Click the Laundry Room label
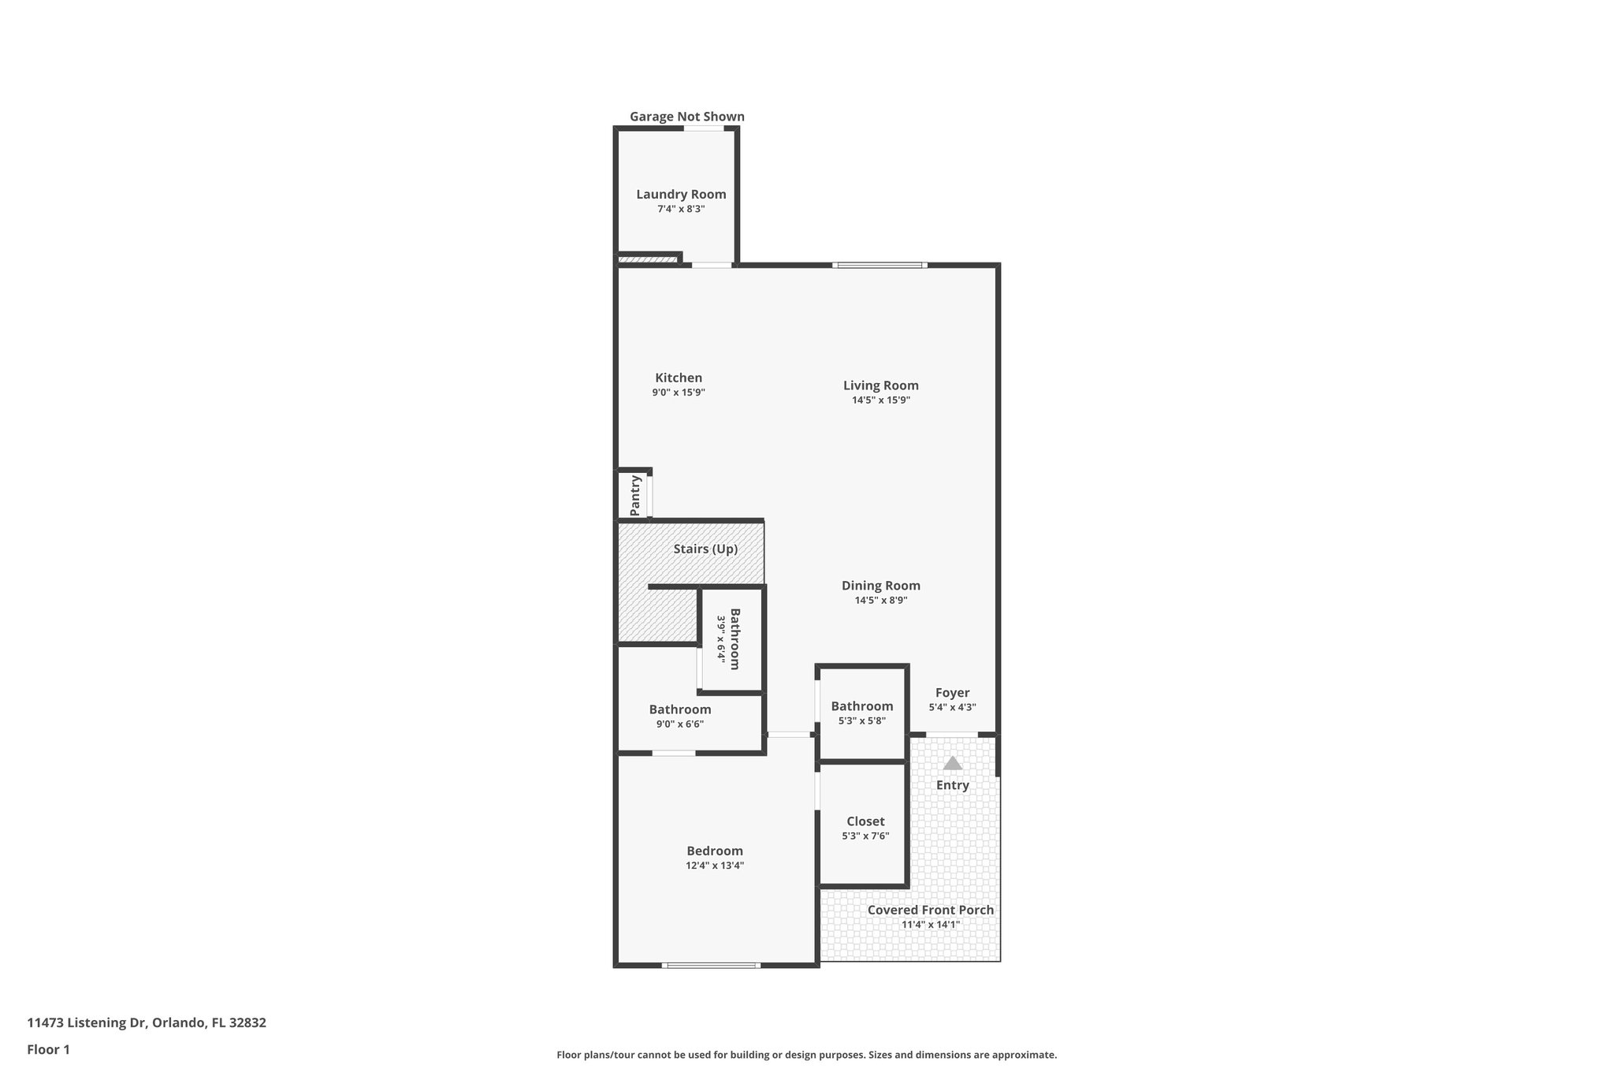pyautogui.click(x=681, y=194)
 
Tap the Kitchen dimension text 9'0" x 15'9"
pyautogui.click(x=678, y=393)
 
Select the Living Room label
pyautogui.click(x=880, y=385)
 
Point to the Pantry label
pyautogui.click(x=636, y=495)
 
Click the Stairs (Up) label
pyautogui.click(x=705, y=549)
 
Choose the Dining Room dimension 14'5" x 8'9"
pyautogui.click(x=880, y=601)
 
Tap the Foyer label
pyautogui.click(x=952, y=693)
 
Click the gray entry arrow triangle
pyautogui.click(x=953, y=763)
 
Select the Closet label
pyautogui.click(x=865, y=821)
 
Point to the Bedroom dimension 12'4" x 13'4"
pyautogui.click(x=714, y=866)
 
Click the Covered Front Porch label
pyautogui.click(x=930, y=910)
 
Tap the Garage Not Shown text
pyautogui.click(x=686, y=117)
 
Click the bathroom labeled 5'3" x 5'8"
pyautogui.click(x=861, y=706)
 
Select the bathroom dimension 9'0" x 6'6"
pyautogui.click(x=679, y=724)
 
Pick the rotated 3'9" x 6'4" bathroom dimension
pyautogui.click(x=720, y=638)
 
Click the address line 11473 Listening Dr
pyautogui.click(x=147, y=1023)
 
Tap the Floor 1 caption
pyautogui.click(x=49, y=1050)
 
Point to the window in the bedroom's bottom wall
pyautogui.click(x=711, y=965)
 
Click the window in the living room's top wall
pyautogui.click(x=880, y=266)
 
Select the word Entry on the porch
pyautogui.click(x=952, y=785)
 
